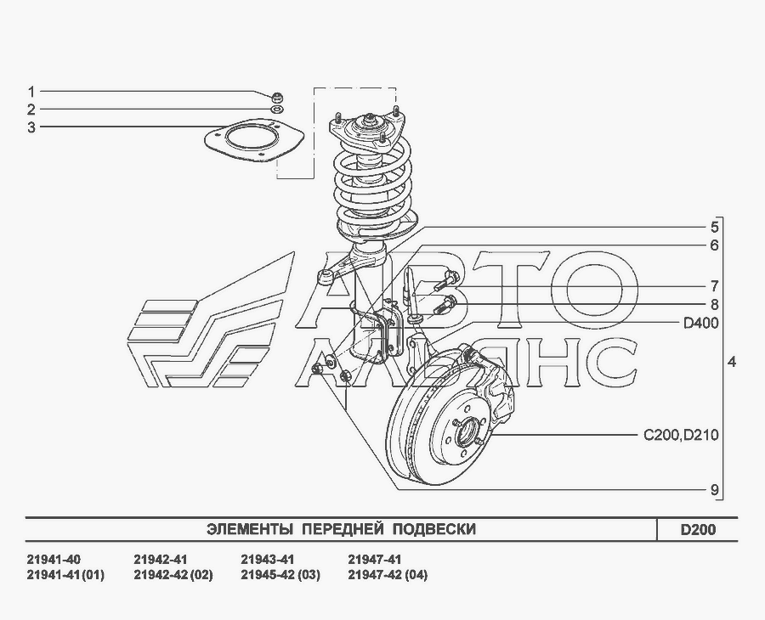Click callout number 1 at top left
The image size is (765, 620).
tap(31, 92)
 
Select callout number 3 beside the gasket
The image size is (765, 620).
tap(31, 127)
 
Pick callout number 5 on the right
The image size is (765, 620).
tap(714, 227)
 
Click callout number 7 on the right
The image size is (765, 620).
tap(714, 286)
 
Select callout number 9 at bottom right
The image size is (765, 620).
tap(714, 490)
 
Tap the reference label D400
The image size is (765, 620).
tap(701, 323)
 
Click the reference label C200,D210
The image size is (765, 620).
tap(681, 435)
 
